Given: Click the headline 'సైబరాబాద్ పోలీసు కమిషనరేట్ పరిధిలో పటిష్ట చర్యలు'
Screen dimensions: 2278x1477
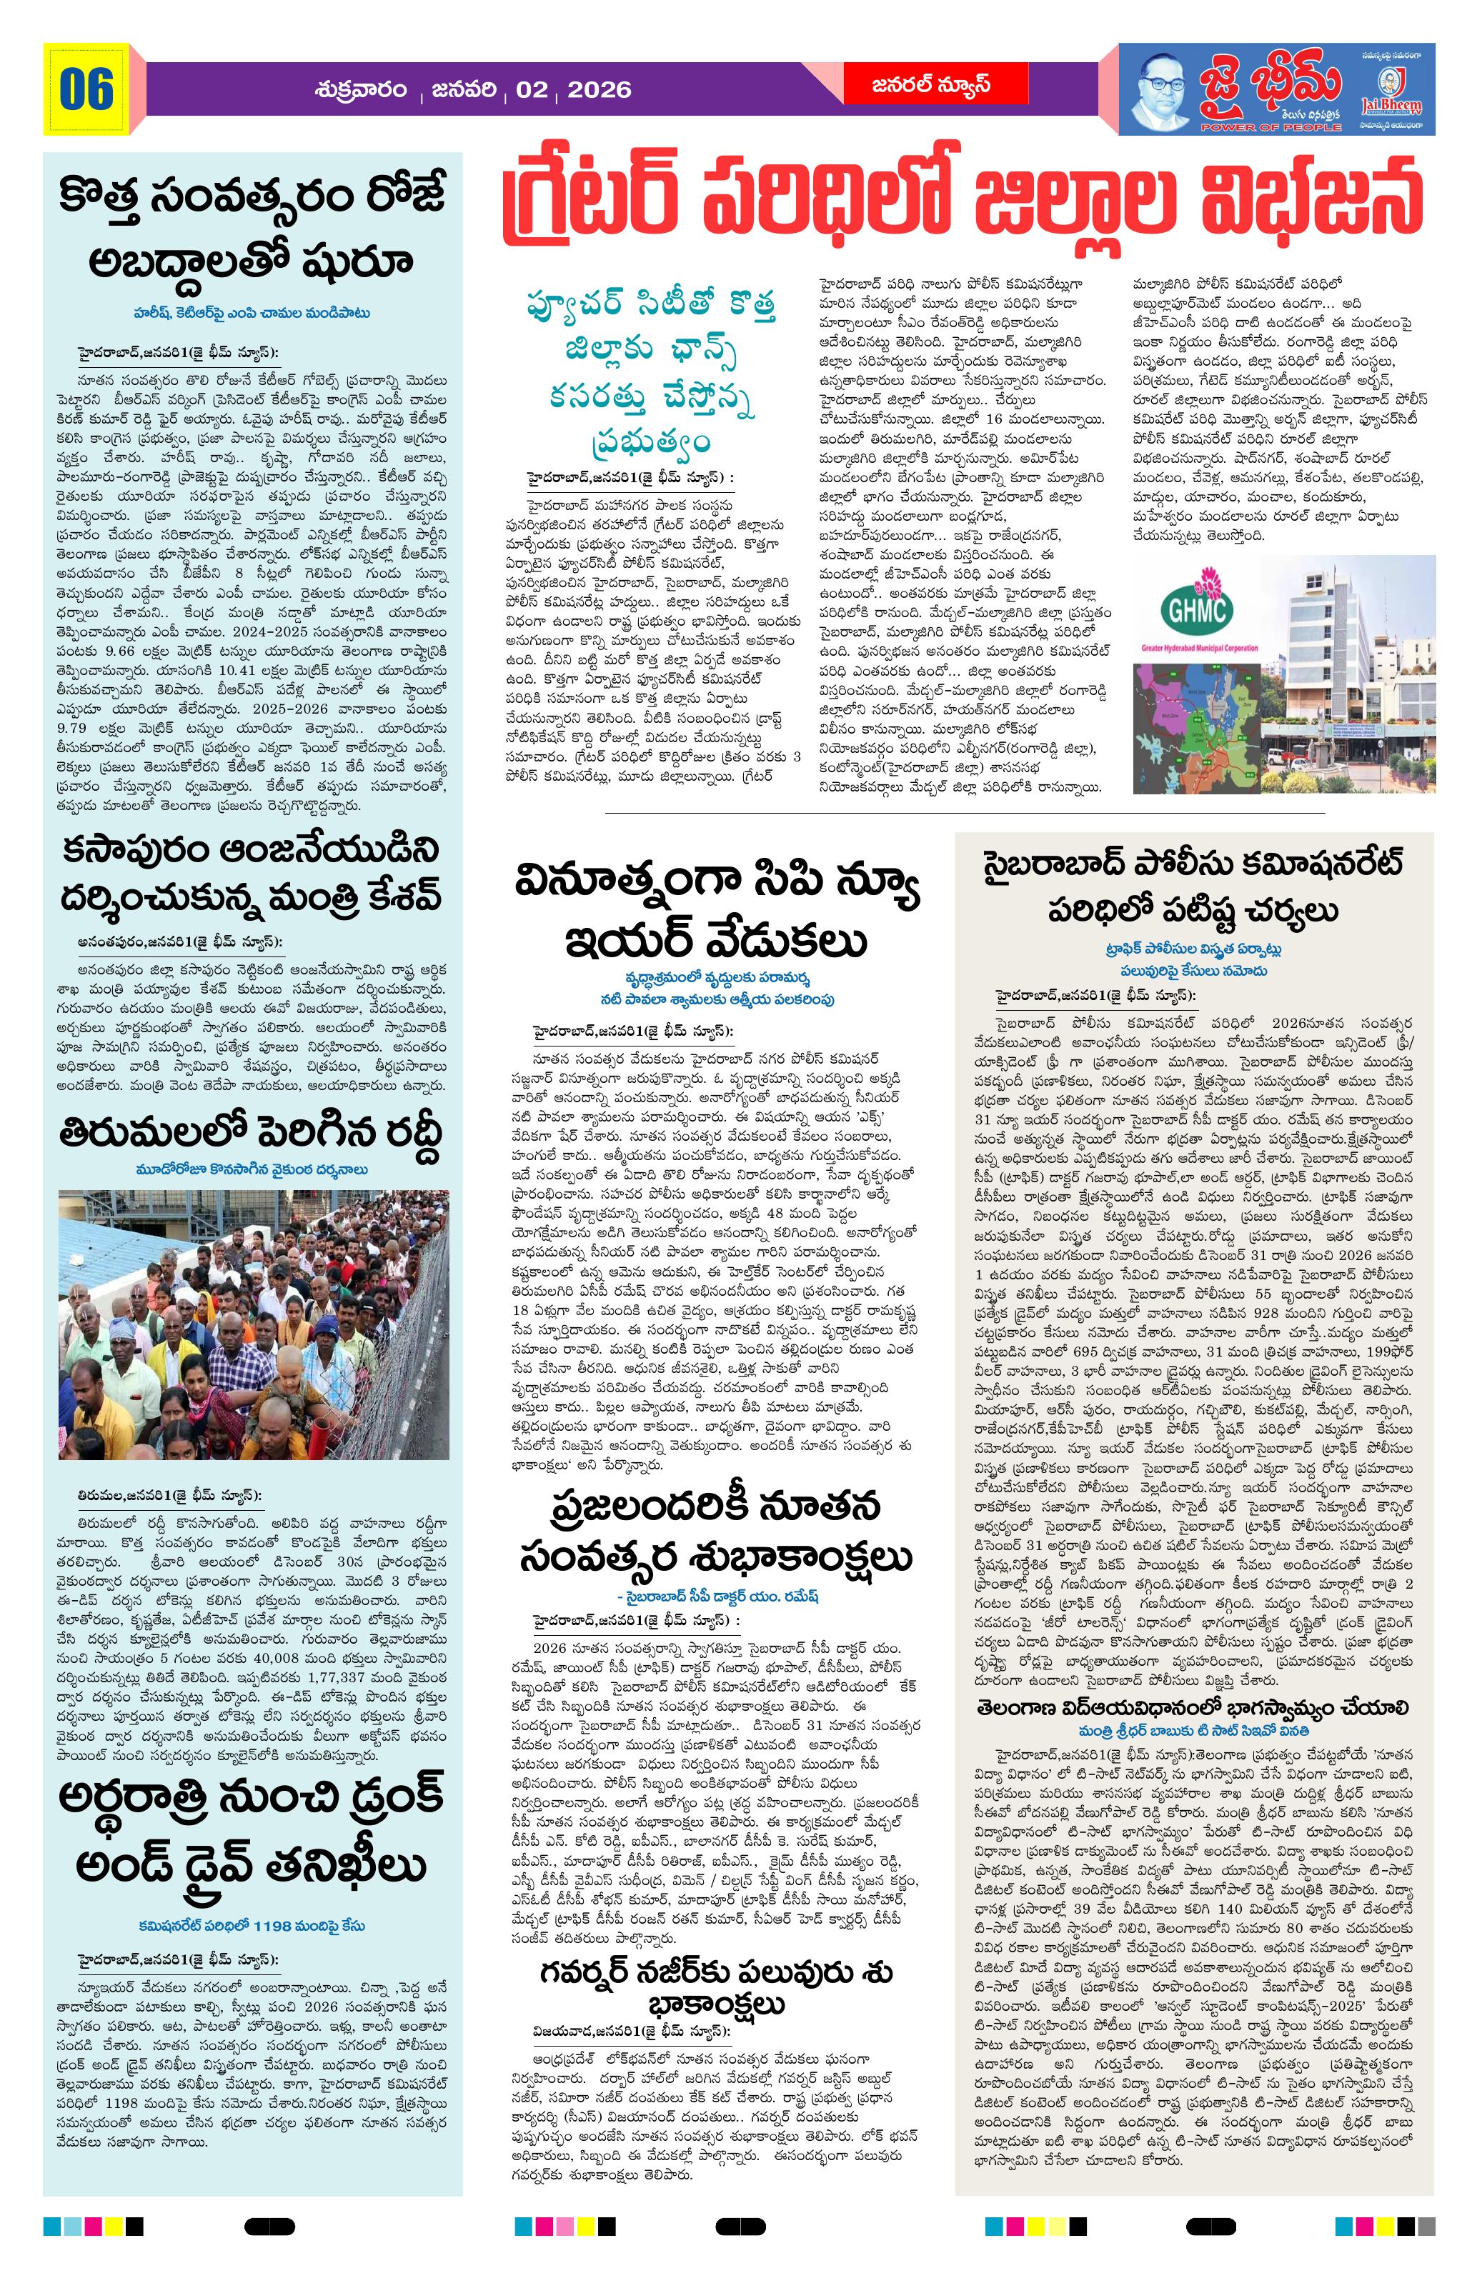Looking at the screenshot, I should [1193, 888].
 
